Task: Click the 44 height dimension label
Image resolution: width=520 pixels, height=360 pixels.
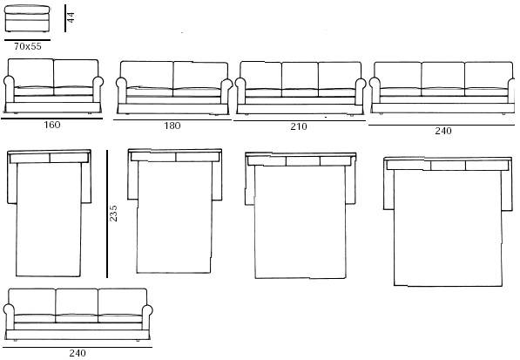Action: (x=71, y=17)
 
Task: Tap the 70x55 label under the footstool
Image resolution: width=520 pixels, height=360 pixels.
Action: (x=28, y=46)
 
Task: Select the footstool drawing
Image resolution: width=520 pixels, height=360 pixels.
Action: (x=27, y=18)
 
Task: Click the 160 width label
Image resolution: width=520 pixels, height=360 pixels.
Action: (x=52, y=125)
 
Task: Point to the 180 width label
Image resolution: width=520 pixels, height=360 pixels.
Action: (x=172, y=126)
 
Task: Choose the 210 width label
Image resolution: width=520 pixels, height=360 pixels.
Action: (x=299, y=126)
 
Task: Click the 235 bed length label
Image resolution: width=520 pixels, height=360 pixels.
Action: (x=113, y=213)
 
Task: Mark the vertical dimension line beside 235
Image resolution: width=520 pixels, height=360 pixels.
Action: (x=107, y=214)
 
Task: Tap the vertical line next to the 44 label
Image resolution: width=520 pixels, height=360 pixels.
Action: (x=65, y=18)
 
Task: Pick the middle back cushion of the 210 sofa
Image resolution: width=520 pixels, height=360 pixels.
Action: (x=300, y=76)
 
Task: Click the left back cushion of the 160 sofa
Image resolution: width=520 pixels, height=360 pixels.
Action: (x=30, y=73)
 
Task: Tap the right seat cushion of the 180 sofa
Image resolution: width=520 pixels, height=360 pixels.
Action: (x=197, y=92)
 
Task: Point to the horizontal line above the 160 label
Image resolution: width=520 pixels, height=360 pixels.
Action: (x=51, y=119)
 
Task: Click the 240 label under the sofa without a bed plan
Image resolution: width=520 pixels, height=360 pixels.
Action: (x=78, y=353)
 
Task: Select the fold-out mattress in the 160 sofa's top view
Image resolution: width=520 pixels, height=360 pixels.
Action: (x=49, y=220)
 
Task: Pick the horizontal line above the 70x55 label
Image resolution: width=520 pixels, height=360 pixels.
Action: (x=28, y=40)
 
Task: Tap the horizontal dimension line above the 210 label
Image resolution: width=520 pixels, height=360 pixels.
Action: (x=300, y=121)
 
